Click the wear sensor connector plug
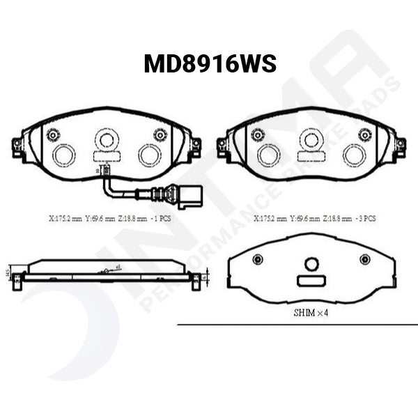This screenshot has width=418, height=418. (x=189, y=196)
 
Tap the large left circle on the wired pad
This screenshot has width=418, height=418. (x=64, y=155)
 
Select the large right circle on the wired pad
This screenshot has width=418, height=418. (x=149, y=155)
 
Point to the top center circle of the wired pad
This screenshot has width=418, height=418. (x=106, y=140)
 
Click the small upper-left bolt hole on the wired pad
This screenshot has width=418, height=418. (x=53, y=134)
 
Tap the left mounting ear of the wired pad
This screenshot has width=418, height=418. (x=18, y=146)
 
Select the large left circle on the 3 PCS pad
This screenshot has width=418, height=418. (x=268, y=155)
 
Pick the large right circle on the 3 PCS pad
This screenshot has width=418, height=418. (x=354, y=155)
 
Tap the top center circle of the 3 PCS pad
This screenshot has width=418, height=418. (x=311, y=140)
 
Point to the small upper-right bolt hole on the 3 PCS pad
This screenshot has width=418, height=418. (x=365, y=134)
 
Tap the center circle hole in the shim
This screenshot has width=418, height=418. (x=311, y=263)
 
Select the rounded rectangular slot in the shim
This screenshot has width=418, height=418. (x=311, y=280)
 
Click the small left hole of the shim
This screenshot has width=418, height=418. (x=258, y=260)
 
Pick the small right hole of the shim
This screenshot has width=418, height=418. (x=364, y=260)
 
